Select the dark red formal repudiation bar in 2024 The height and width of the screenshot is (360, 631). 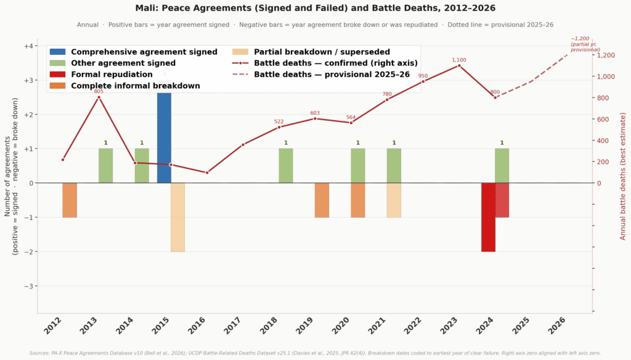(488, 217)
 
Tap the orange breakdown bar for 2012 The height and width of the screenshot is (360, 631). (70, 200)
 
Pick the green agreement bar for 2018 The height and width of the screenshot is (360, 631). (286, 166)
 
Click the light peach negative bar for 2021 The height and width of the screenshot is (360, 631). (394, 200)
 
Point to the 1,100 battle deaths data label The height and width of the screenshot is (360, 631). (459, 60)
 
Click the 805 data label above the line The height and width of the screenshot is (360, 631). (99, 91)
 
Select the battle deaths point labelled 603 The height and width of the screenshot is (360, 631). (315, 118)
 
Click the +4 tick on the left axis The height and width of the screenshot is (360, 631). (28, 46)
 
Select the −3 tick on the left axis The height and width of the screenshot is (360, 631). (28, 286)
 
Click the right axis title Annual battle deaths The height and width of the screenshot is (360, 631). (623, 176)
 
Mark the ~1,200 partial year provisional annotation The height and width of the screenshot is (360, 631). (585, 44)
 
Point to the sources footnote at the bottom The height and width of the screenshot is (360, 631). (315, 353)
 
